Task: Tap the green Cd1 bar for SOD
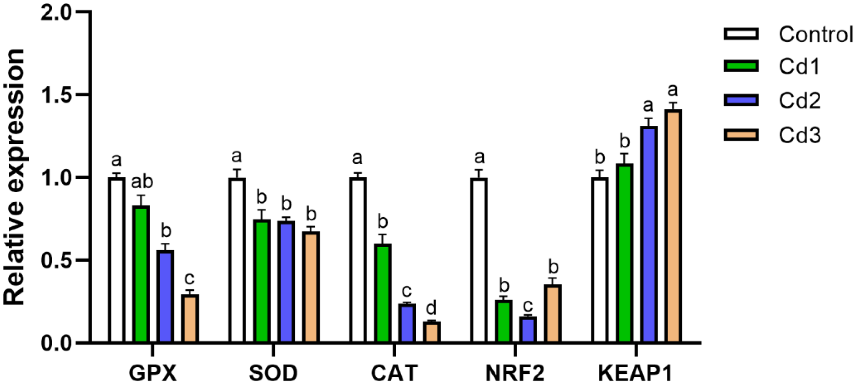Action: [262, 281]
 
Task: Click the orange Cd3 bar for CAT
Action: [432, 332]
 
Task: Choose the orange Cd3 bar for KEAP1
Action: [673, 226]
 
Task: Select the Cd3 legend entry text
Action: [800, 135]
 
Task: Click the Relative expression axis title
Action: [14, 177]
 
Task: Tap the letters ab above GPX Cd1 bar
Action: [142, 182]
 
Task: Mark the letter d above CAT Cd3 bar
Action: [431, 308]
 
